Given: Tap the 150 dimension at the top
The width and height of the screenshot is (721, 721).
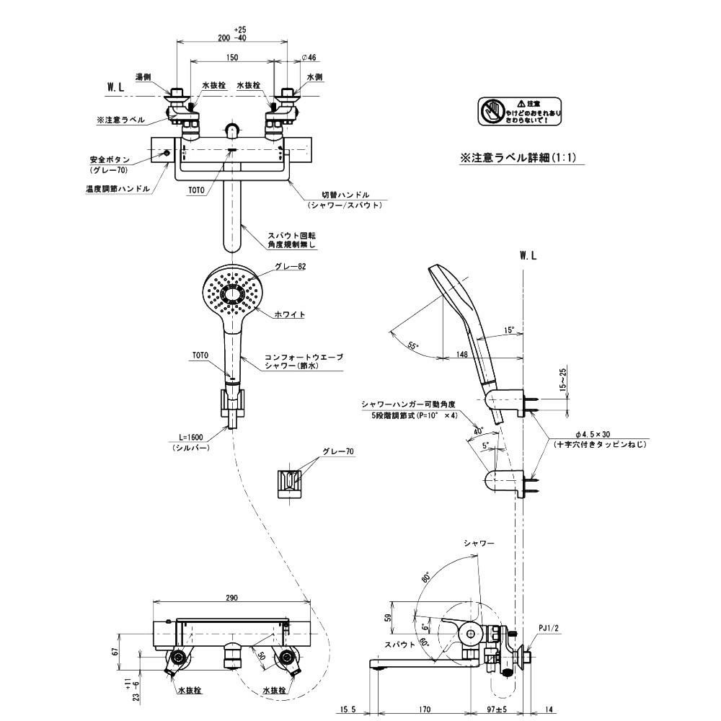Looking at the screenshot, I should [232, 57].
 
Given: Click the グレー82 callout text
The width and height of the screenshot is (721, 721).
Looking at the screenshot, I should [291, 267].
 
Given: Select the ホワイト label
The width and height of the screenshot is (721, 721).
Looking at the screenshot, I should [290, 314].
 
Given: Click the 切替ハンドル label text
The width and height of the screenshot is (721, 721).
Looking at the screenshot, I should [345, 195].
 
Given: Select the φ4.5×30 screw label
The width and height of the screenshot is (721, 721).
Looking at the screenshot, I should [600, 435].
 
